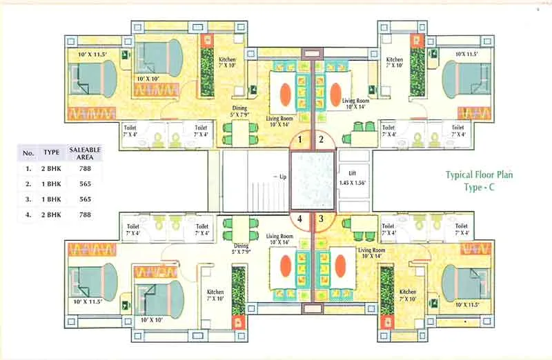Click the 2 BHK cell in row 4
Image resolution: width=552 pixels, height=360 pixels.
tap(52, 214)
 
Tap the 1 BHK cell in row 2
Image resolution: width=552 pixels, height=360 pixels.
tap(52, 183)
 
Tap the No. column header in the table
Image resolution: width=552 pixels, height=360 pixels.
tap(28, 153)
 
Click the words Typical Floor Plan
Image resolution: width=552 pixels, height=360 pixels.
tap(479, 175)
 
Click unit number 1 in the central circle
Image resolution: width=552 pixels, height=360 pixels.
tap(301, 140)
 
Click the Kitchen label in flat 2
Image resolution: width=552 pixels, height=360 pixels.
tap(394, 60)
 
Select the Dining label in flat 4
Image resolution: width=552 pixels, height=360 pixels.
tap(241, 246)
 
